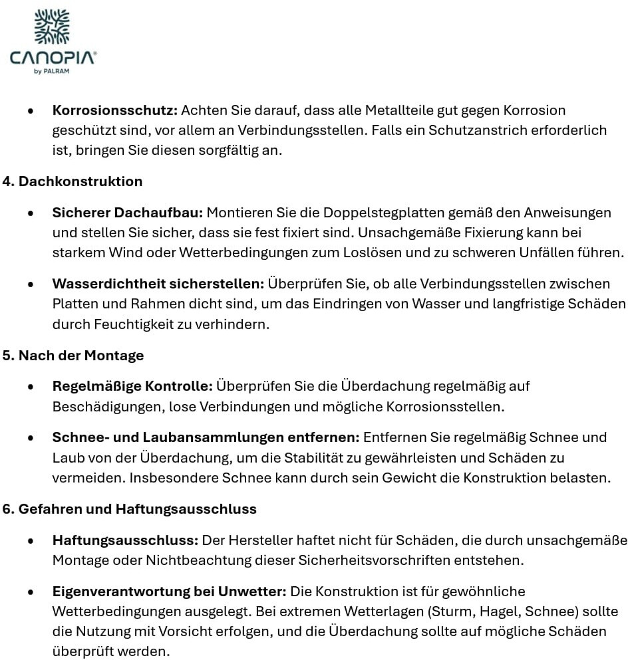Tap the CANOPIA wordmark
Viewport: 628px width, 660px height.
pos(53,58)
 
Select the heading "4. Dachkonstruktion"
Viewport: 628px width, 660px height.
pos(72,181)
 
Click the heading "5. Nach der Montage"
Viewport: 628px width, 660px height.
pos(73,356)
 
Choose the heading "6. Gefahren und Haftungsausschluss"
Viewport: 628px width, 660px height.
pos(129,510)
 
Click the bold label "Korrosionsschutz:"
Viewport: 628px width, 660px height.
pos(114,110)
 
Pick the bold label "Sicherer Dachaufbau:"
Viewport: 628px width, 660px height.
pos(128,213)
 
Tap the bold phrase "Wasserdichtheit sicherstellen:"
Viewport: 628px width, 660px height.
pos(158,284)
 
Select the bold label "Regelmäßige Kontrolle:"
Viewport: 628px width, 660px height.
pos(132,386)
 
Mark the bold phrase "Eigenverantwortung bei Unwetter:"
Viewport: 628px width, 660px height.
pos(169,592)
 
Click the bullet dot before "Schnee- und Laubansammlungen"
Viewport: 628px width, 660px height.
pos(31,438)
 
